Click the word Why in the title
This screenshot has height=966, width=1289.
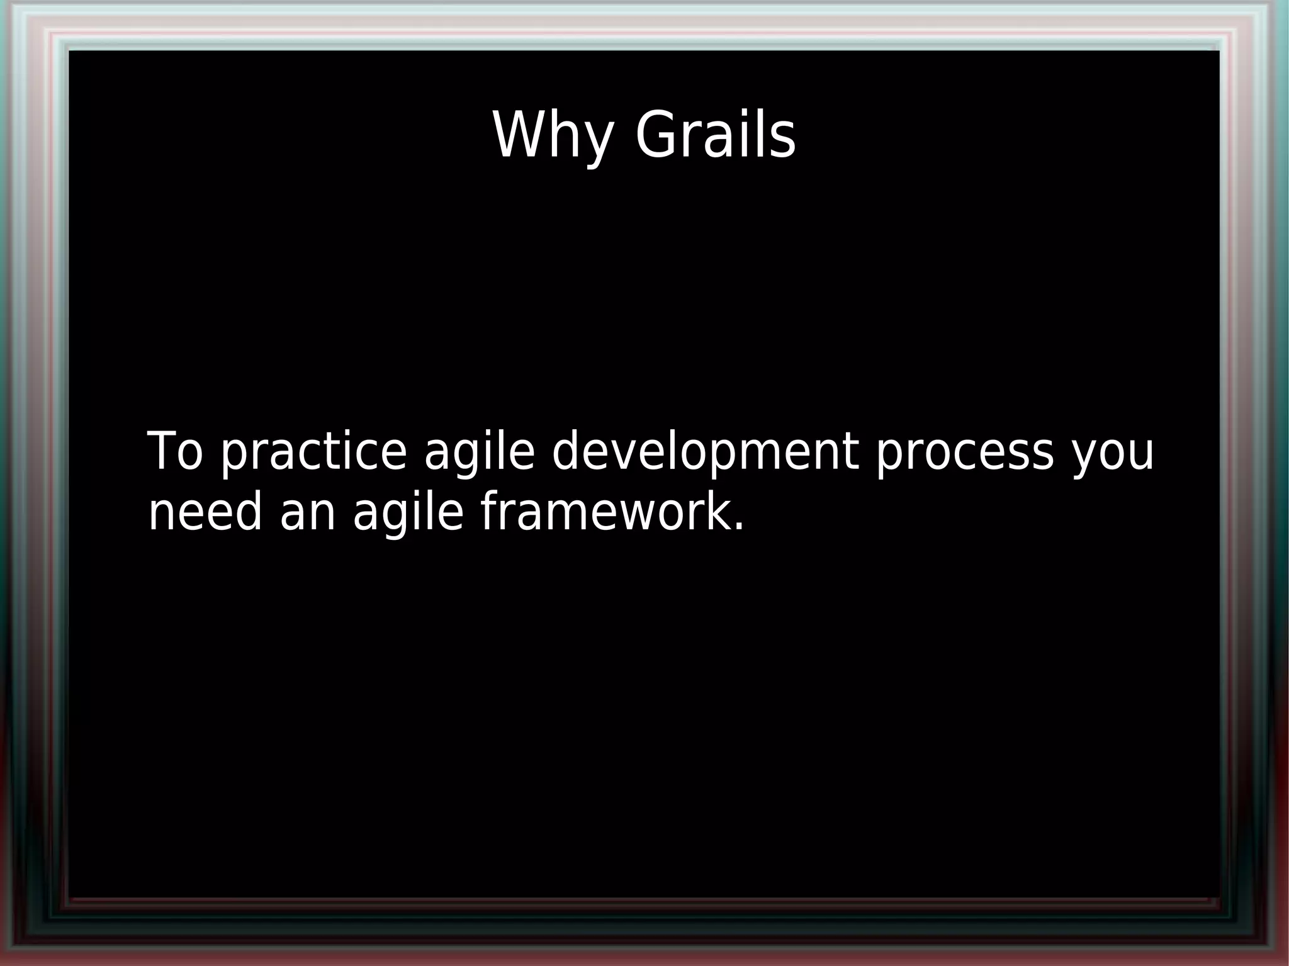[553, 135]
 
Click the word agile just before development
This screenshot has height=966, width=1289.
[479, 452]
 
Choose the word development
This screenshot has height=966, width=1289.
[705, 452]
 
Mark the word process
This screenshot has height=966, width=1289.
[964, 452]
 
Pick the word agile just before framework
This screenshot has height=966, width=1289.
[408, 513]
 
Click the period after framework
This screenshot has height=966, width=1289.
[738, 528]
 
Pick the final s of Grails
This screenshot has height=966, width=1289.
[783, 139]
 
